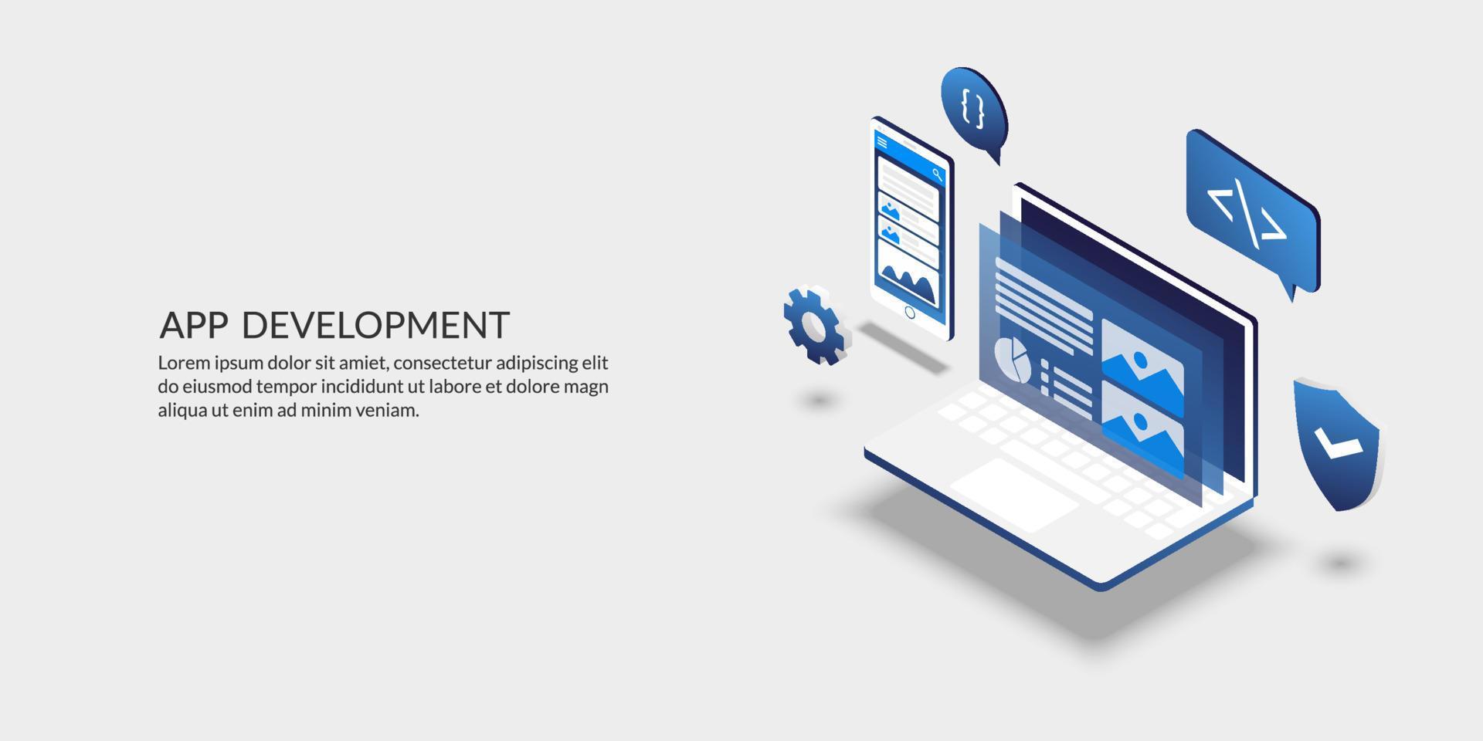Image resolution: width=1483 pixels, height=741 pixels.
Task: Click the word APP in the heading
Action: click(x=193, y=326)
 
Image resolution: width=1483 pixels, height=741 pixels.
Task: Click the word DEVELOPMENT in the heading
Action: click(x=375, y=326)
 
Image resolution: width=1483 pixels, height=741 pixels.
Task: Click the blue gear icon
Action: click(x=816, y=325)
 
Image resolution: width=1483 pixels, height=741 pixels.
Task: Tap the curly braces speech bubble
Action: click(x=973, y=108)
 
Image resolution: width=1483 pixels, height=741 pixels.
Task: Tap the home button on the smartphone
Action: click(x=909, y=313)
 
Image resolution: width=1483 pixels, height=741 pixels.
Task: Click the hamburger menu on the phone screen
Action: click(x=882, y=142)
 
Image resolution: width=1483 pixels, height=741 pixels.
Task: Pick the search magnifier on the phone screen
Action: click(x=937, y=174)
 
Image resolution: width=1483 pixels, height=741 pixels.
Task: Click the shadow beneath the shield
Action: click(x=1341, y=562)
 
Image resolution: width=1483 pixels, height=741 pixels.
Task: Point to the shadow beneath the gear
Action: click(x=819, y=399)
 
